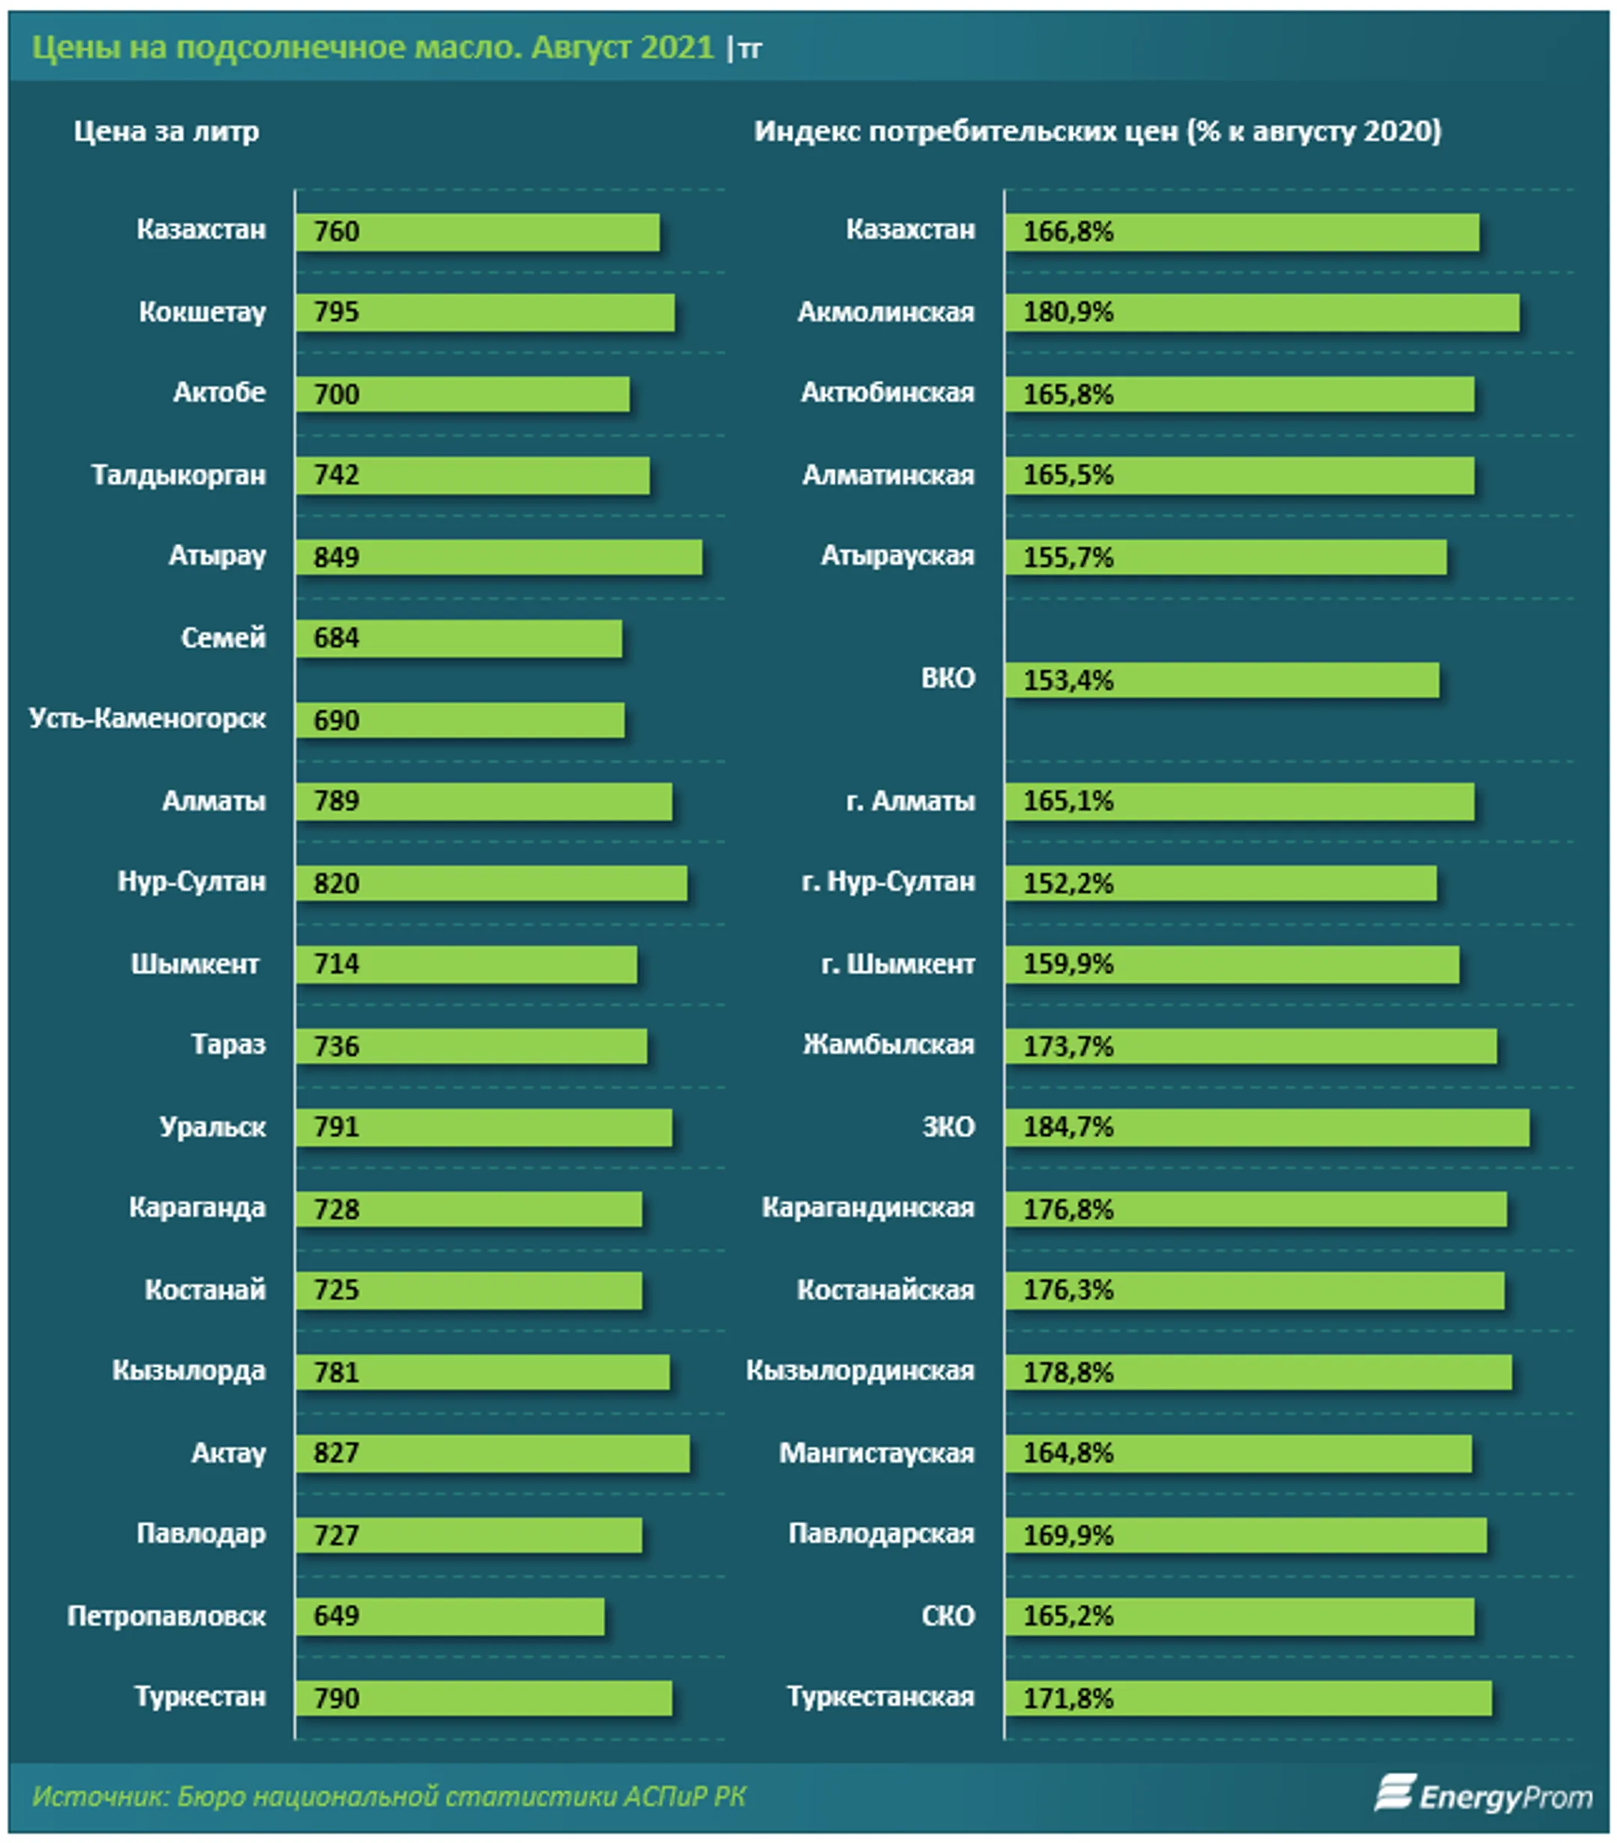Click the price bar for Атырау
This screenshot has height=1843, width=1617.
(499, 557)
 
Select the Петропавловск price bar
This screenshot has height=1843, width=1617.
(450, 1617)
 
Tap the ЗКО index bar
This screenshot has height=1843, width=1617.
(1267, 1128)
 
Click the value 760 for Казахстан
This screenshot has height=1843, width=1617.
(336, 231)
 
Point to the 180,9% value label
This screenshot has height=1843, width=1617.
(1068, 312)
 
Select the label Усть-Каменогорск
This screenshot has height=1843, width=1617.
(147, 719)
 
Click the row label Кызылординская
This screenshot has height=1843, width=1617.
(860, 1370)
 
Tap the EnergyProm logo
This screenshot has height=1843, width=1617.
(1483, 1795)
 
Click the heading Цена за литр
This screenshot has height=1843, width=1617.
(166, 132)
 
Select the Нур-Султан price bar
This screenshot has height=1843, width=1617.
(491, 883)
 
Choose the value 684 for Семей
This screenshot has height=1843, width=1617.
(336, 638)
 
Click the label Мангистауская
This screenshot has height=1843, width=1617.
(876, 1453)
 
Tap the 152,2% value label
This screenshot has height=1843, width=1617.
(1068, 883)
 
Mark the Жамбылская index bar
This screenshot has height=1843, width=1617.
(1251, 1046)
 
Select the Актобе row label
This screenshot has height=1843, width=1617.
(219, 393)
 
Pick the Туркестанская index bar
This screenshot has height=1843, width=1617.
(1249, 1698)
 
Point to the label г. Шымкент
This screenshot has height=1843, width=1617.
(898, 964)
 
